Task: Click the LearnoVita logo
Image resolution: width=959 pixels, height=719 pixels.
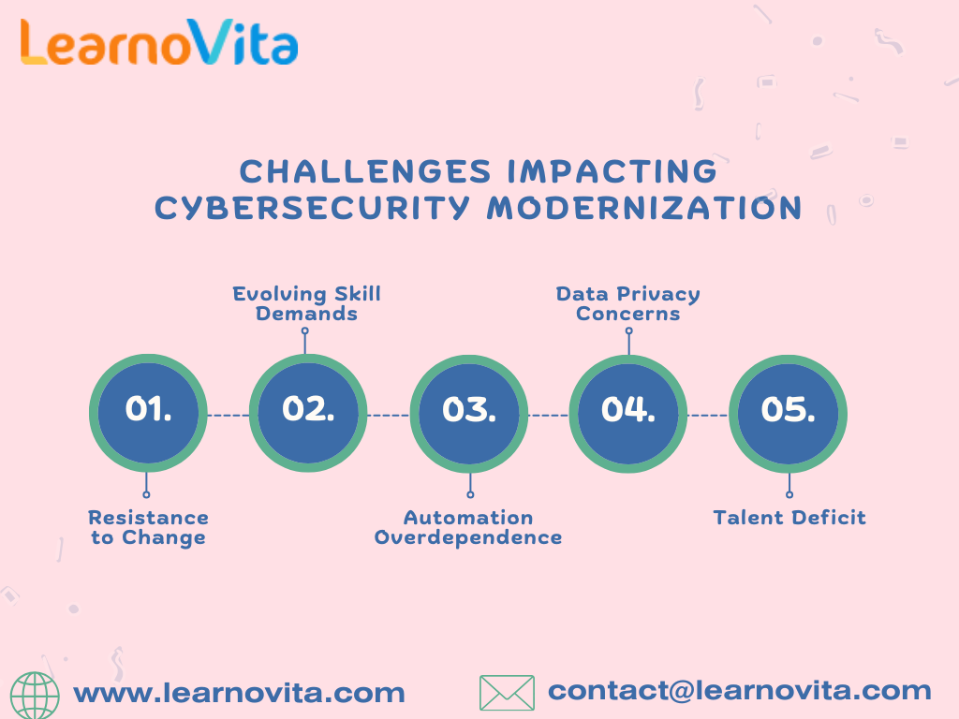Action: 158,44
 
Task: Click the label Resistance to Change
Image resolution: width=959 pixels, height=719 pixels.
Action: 148,527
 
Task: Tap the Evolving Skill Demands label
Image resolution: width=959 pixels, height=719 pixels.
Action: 307,303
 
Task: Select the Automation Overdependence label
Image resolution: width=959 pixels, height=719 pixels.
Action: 468,527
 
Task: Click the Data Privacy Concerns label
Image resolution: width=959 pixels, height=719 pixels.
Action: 627,303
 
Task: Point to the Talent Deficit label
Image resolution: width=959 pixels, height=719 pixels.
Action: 789,518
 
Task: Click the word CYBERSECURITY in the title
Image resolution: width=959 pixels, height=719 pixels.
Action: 312,208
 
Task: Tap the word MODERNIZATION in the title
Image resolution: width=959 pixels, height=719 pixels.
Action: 644,208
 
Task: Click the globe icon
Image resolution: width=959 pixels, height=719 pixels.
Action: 39,694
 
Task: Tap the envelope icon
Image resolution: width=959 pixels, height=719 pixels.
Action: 507,693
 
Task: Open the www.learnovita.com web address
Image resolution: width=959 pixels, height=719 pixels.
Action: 239,694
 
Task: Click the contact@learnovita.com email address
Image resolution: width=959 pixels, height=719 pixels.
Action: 739,691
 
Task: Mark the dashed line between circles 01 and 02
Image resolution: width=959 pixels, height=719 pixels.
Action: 228,414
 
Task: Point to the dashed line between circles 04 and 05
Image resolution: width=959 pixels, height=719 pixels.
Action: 707,414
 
